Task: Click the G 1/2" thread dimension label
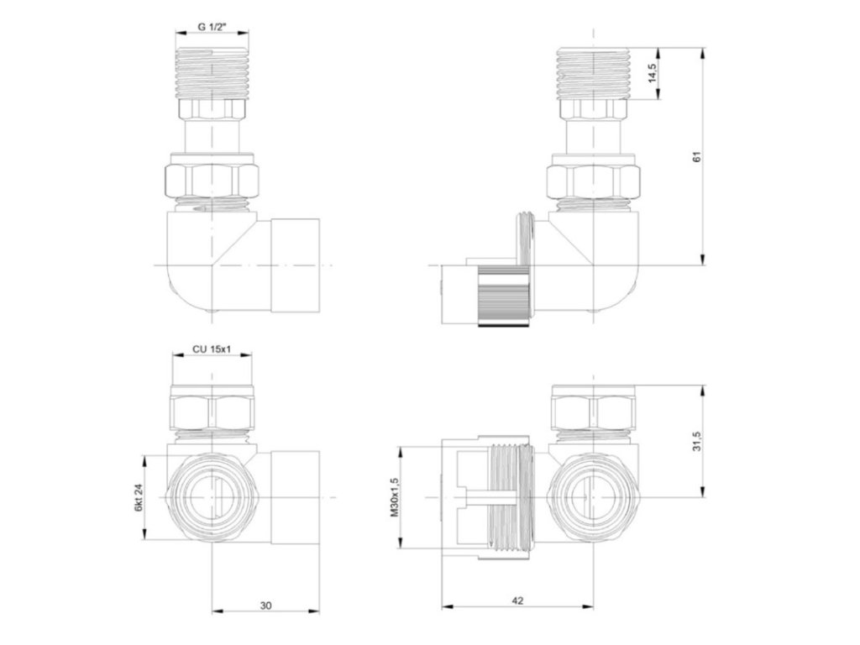point(212,26)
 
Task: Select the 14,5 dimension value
point(652,74)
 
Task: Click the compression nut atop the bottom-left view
point(212,411)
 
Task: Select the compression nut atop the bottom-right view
point(593,411)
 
